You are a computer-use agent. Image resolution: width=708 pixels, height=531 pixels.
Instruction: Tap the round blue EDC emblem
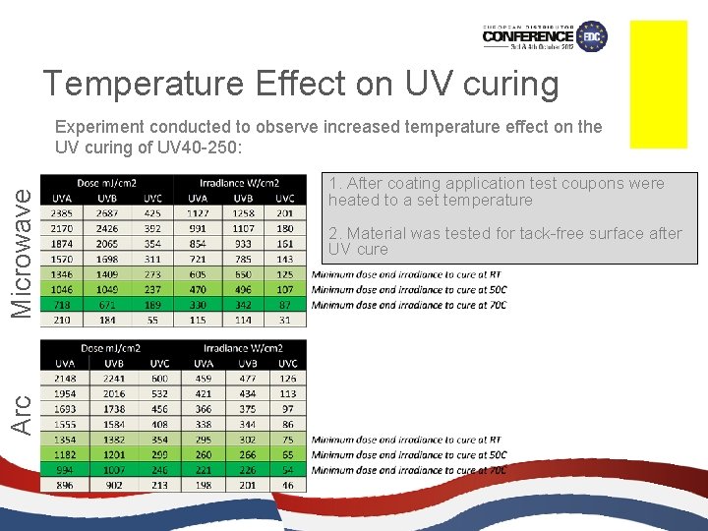[592, 36]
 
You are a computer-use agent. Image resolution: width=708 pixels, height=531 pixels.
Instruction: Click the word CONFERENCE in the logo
[528, 36]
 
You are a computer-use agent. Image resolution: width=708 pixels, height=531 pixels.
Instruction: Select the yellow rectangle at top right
[658, 84]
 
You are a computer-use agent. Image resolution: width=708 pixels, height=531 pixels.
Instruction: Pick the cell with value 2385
[61, 212]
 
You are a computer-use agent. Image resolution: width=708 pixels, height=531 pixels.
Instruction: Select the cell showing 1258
[243, 212]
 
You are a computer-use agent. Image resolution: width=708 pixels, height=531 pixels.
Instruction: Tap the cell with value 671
[107, 305]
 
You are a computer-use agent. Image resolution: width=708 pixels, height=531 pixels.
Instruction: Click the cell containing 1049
[107, 289]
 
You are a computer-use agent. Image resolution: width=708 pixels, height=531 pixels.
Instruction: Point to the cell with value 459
[203, 378]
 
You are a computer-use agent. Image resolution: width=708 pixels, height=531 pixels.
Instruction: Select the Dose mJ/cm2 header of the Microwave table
[107, 183]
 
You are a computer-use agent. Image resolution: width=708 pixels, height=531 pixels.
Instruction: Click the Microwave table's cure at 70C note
[408, 305]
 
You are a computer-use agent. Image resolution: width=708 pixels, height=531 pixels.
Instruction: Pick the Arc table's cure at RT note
[408, 440]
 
